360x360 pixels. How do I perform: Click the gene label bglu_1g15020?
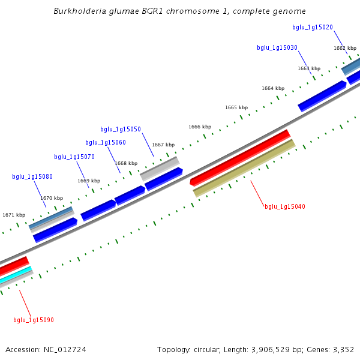coord(313,28)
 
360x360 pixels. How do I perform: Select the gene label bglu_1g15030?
coord(277,48)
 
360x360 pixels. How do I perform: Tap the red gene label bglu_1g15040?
coord(285,207)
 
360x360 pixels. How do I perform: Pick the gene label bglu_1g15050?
coord(121,130)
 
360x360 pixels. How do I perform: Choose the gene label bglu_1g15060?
coord(106,143)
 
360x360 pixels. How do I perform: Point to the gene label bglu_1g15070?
coord(74,157)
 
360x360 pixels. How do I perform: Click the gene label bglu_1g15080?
coord(32,177)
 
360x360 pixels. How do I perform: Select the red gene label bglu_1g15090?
coord(34,320)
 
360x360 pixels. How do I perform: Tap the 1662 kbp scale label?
coord(345,48)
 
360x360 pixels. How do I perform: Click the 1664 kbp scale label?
coord(273,89)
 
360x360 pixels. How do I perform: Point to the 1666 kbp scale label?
coord(200,127)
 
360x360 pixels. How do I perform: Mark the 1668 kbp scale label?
coord(126,164)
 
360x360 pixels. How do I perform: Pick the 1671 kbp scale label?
coord(14,215)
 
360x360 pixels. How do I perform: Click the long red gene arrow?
coord(240,157)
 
